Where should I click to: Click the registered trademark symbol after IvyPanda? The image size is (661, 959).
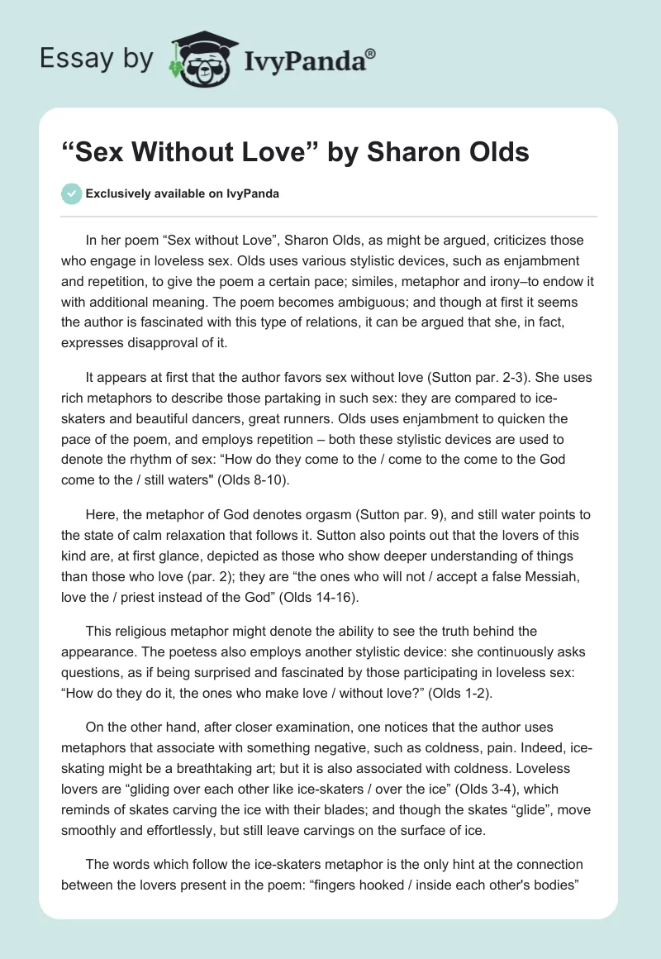[x=371, y=55]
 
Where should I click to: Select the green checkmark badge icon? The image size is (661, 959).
[x=70, y=193]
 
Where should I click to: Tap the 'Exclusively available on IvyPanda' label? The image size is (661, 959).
[x=183, y=193]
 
